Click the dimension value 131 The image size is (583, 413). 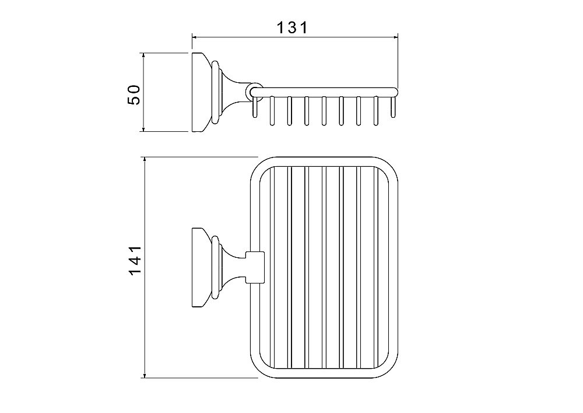click(293, 27)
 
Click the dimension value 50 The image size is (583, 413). click(134, 94)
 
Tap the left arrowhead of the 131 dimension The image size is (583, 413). click(194, 37)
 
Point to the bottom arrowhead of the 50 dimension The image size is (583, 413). click(143, 129)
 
